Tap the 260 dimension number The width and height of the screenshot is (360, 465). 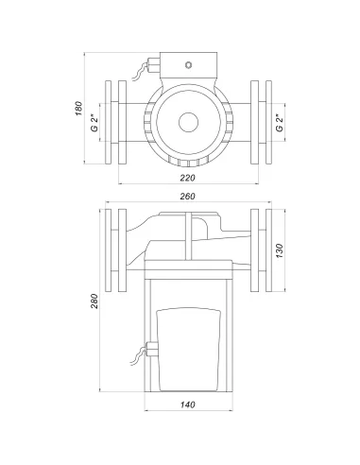click(x=187, y=196)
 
